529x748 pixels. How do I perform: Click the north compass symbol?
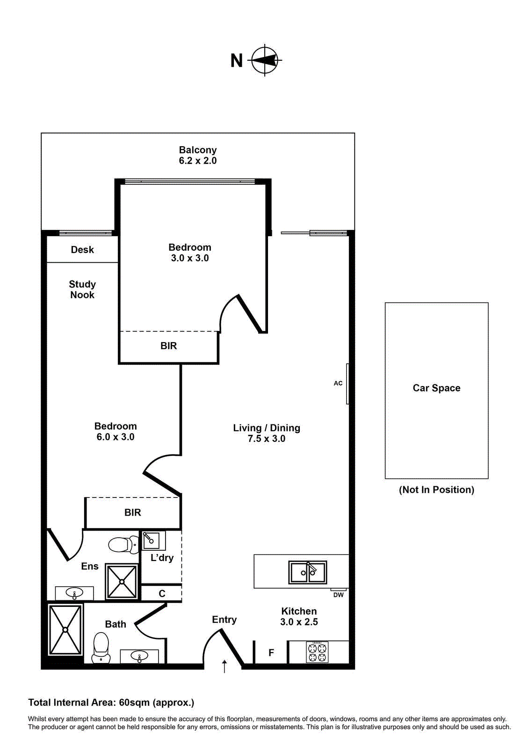click(x=265, y=60)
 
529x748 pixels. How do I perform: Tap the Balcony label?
click(x=198, y=150)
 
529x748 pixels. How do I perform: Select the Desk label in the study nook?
click(x=82, y=250)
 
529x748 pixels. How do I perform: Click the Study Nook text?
click(x=82, y=289)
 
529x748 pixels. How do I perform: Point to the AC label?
click(x=338, y=383)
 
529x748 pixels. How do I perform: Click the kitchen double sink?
click(x=308, y=572)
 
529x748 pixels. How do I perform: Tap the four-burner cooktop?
click(x=318, y=652)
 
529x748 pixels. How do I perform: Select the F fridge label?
click(x=271, y=653)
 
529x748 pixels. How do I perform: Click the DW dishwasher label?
click(x=339, y=595)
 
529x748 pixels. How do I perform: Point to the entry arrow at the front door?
click(x=225, y=667)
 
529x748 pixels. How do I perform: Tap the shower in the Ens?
click(x=122, y=582)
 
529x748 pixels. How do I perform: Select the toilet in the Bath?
click(x=101, y=647)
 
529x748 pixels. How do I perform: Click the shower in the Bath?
click(x=65, y=630)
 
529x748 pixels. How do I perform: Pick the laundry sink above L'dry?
click(x=151, y=540)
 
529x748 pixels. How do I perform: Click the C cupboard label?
click(x=162, y=594)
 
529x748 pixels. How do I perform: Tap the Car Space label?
click(x=436, y=388)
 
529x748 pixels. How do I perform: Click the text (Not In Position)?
click(x=436, y=489)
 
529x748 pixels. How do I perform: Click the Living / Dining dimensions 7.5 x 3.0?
click(x=267, y=439)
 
